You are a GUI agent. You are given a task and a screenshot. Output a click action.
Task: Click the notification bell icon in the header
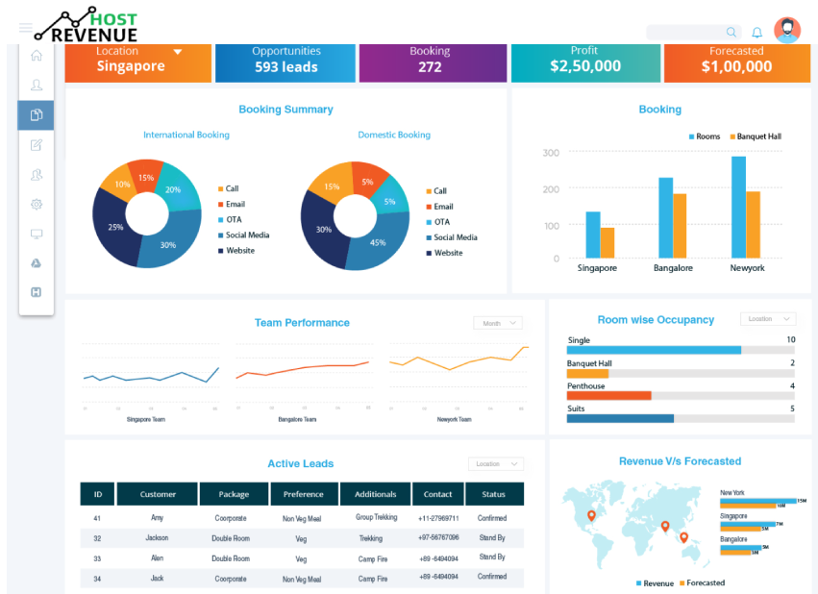pos(757,33)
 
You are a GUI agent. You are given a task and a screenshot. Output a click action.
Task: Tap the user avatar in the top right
pos(787,31)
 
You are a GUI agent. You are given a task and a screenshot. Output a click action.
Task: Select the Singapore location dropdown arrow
pos(178,52)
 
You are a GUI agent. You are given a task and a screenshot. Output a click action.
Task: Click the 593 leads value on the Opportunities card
pos(285,67)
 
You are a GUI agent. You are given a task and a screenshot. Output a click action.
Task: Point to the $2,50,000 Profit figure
pos(584,67)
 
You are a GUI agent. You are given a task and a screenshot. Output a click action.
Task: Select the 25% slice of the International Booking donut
pos(114,229)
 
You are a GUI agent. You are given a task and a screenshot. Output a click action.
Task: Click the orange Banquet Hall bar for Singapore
pos(607,242)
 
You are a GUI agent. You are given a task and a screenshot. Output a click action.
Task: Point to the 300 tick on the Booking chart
pos(551,153)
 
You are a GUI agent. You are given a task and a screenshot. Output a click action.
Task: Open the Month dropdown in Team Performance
pos(498,323)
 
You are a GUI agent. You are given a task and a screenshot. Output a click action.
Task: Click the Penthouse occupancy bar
pos(609,395)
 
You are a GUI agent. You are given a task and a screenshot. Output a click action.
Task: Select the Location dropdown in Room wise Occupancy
pos(767,319)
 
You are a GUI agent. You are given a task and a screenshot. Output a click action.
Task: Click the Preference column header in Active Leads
pos(303,494)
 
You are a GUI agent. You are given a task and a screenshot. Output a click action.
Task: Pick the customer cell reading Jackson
pos(157,538)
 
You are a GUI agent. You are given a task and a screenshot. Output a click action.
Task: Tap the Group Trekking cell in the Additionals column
pos(375,518)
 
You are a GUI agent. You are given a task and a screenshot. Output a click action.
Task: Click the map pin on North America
pos(591,516)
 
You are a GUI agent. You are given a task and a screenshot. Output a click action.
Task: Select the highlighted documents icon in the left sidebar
pos(36,115)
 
